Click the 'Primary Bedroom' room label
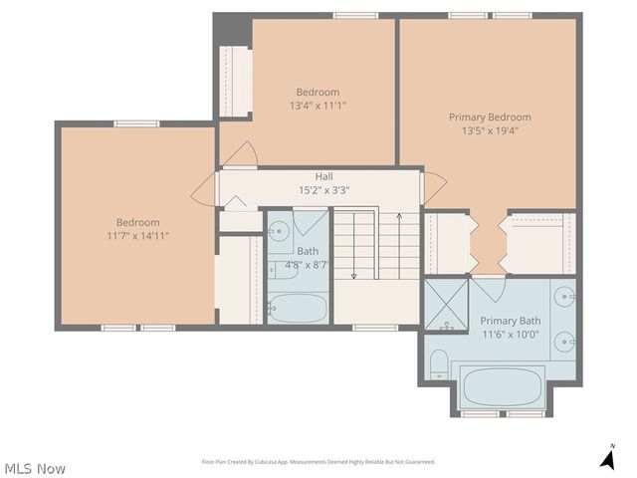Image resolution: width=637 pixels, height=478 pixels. tap(489, 117)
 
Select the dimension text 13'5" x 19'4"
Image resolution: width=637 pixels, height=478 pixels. tap(489, 129)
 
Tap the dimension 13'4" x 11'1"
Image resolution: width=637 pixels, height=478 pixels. tap(318, 105)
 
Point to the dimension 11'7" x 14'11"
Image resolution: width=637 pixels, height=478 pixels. tap(137, 236)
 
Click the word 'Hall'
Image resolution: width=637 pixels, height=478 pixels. tap(324, 176)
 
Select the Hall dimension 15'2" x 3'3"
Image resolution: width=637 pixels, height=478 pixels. tap(324, 190)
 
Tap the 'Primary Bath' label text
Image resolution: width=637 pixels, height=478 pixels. tap(511, 321)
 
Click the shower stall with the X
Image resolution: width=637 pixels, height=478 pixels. tap(447, 304)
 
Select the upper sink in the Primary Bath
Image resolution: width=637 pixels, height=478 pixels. tap(565, 297)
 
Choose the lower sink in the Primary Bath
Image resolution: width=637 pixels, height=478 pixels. tap(565, 342)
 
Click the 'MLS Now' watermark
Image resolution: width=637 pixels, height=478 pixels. tap(35, 468)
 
